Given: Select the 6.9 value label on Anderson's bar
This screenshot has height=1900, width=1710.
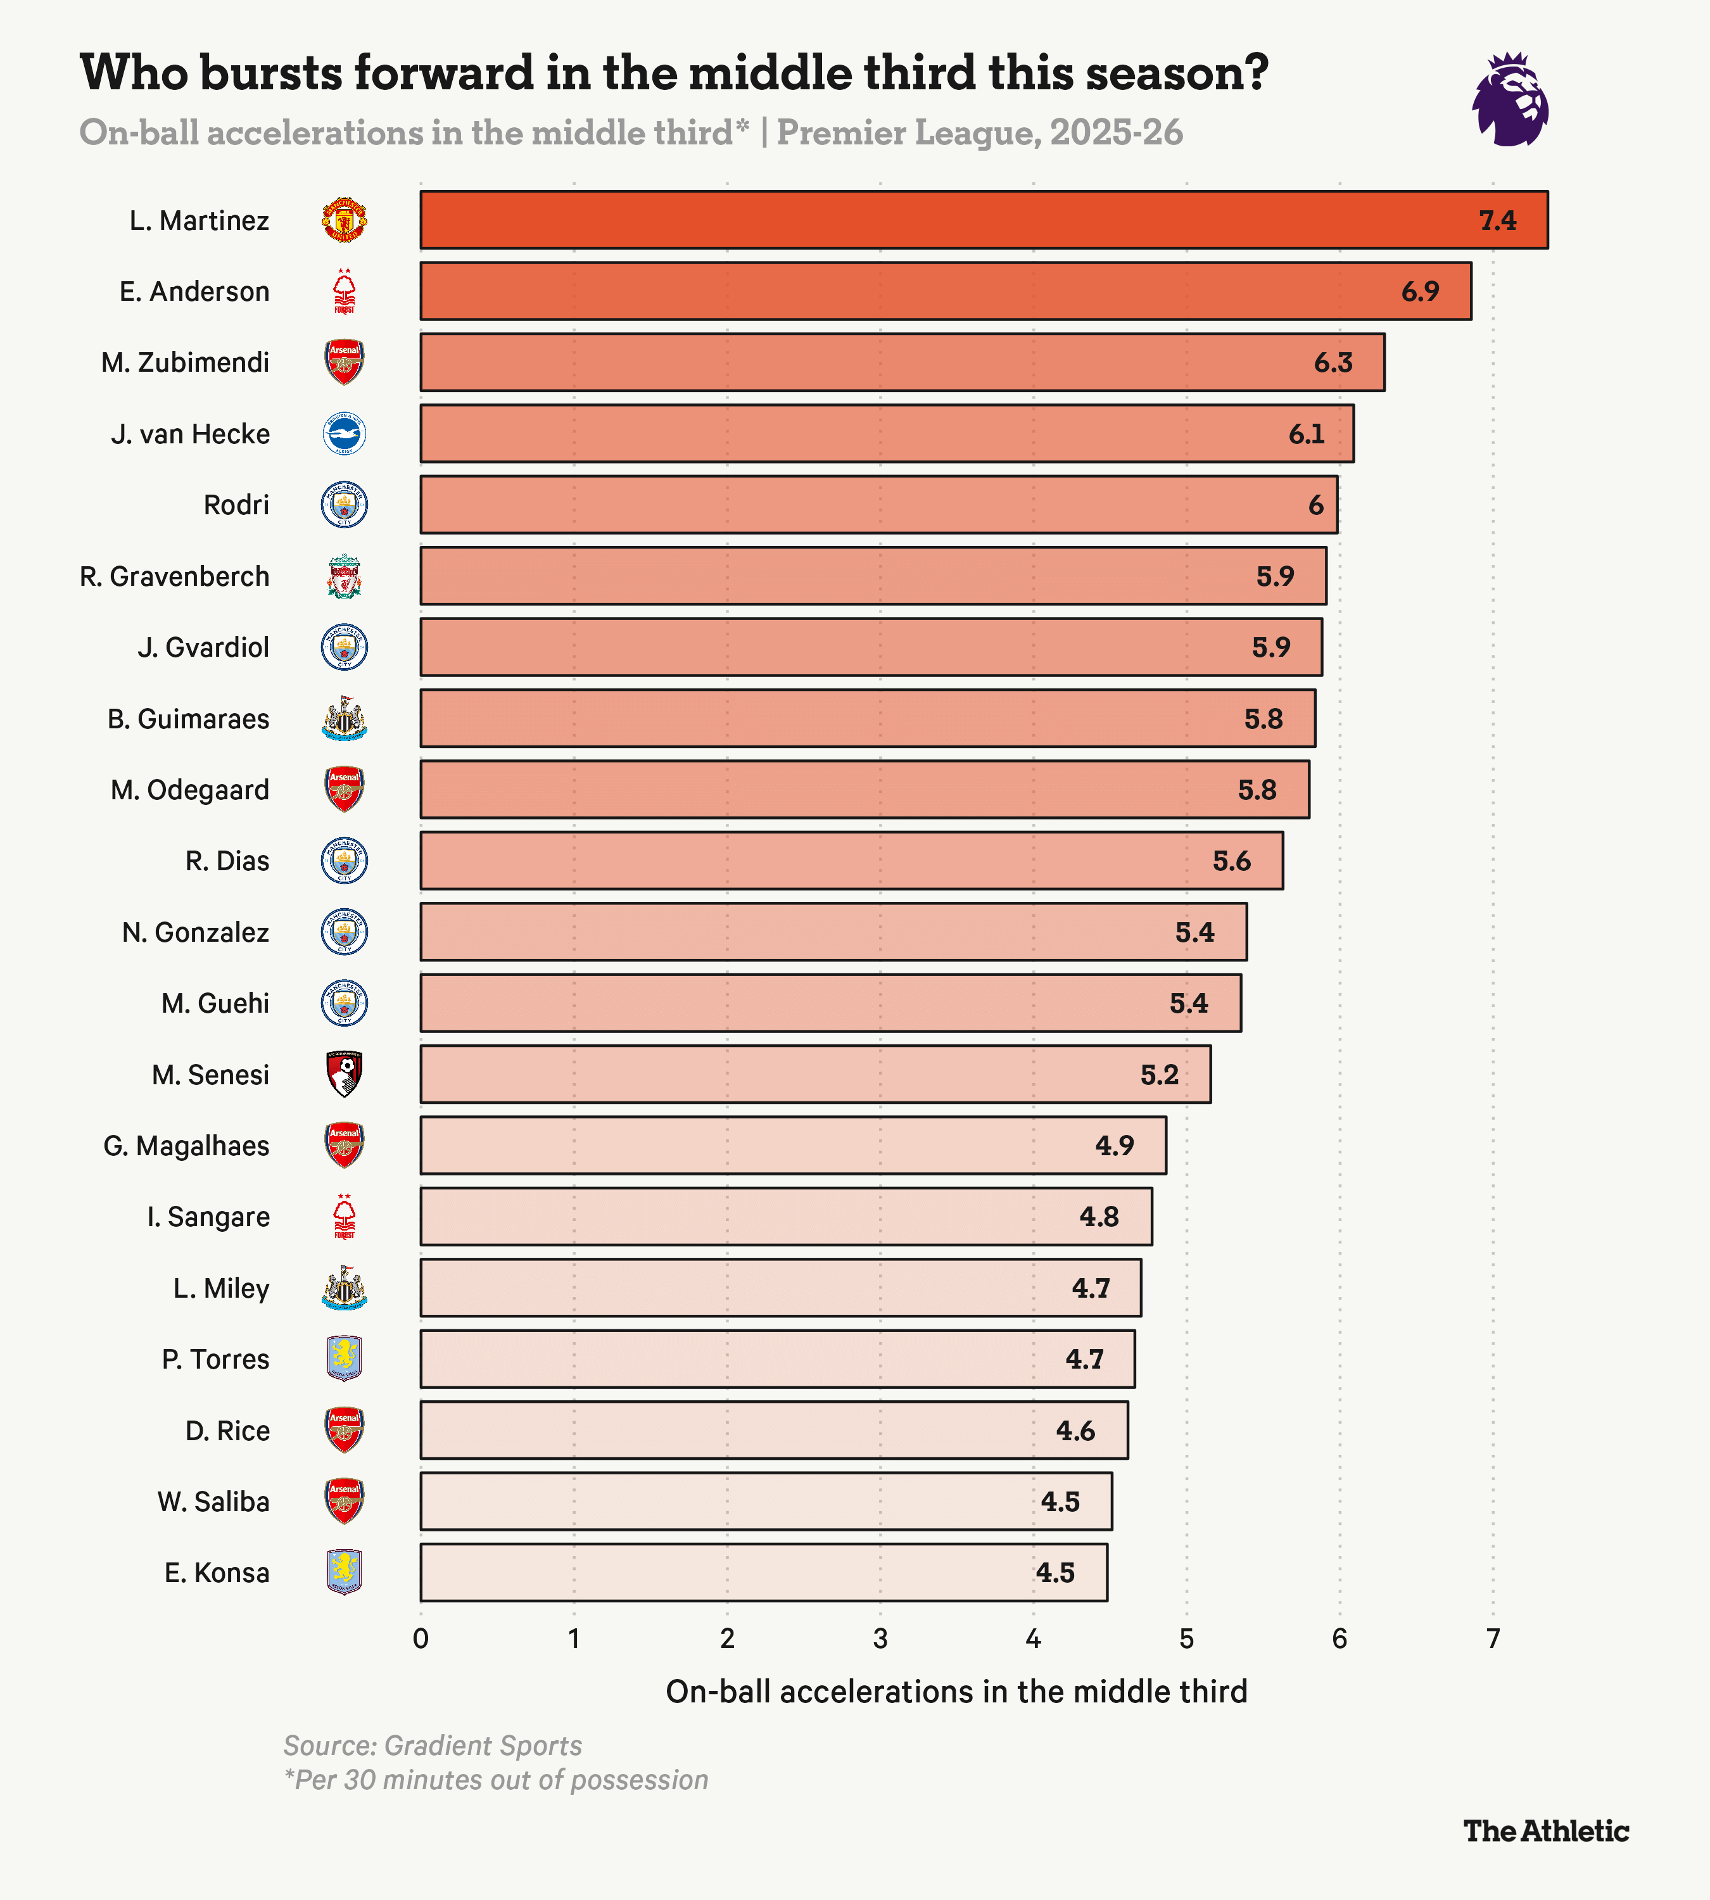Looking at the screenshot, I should point(1420,291).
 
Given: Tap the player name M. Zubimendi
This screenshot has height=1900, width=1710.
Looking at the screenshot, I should point(185,363).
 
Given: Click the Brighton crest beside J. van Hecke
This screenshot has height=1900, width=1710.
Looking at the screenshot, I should point(344,434).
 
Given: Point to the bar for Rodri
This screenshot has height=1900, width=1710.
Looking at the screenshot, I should point(878,505).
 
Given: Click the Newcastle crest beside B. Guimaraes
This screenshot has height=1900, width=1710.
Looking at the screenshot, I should point(344,719).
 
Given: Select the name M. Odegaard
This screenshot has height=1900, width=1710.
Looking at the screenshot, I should point(190,790).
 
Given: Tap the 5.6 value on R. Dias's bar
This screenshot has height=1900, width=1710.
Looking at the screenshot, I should point(1231,861).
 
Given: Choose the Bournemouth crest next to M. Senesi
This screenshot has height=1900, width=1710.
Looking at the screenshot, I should point(344,1074).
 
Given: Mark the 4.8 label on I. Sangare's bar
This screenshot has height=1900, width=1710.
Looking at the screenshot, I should point(1098,1217).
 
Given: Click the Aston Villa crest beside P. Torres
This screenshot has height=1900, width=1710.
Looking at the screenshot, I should point(344,1358).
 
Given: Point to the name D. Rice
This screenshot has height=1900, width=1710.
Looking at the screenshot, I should point(227,1430).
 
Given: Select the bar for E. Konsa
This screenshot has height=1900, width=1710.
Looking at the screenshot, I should point(763,1572).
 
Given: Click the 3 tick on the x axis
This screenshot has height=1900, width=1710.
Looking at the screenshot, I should point(880,1640).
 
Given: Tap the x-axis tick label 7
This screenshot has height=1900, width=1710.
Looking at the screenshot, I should point(1493,1640).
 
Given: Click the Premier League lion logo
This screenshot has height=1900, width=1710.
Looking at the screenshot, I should point(1510,99).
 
